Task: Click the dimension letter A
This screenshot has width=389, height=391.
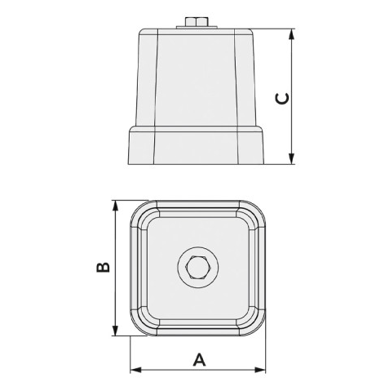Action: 199,359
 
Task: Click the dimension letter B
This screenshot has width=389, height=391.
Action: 104,267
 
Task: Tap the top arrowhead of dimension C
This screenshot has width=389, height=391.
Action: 291,34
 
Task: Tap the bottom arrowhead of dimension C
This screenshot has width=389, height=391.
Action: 291,158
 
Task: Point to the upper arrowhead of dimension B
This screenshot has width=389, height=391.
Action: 116,206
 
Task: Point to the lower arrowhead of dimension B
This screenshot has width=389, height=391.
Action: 116,330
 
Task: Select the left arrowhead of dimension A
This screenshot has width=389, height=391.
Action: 136,370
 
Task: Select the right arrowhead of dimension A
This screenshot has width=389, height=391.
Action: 260,370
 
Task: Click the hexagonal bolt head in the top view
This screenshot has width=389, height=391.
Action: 198,267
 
